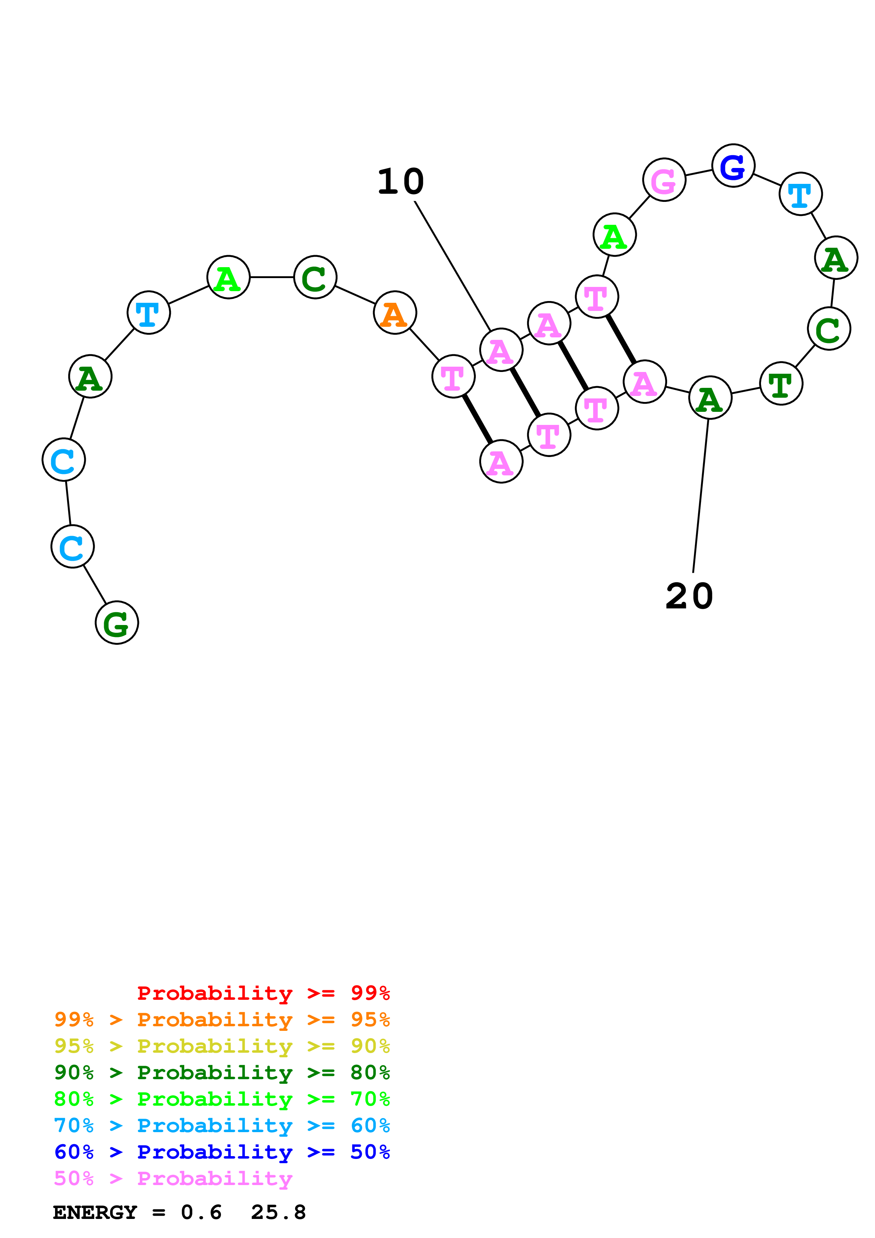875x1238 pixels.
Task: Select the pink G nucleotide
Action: click(x=664, y=180)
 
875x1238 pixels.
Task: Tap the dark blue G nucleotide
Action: click(x=733, y=166)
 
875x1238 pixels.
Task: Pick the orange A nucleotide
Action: click(x=395, y=313)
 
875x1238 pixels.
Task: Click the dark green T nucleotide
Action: click(x=781, y=383)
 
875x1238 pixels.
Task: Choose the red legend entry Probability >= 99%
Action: click(x=264, y=993)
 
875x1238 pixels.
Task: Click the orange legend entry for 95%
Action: click(x=222, y=1020)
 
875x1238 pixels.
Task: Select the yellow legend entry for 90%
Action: click(x=222, y=1046)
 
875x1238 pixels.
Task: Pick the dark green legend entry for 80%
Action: click(x=222, y=1072)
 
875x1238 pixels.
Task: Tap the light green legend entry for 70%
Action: click(x=222, y=1099)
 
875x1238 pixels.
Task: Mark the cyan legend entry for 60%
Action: click(x=222, y=1125)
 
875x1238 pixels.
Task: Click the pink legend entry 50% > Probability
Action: click(x=173, y=1179)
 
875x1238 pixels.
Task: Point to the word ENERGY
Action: click(x=95, y=1213)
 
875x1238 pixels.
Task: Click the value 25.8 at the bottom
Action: click(x=278, y=1213)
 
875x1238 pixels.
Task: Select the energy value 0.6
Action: click(x=201, y=1213)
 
